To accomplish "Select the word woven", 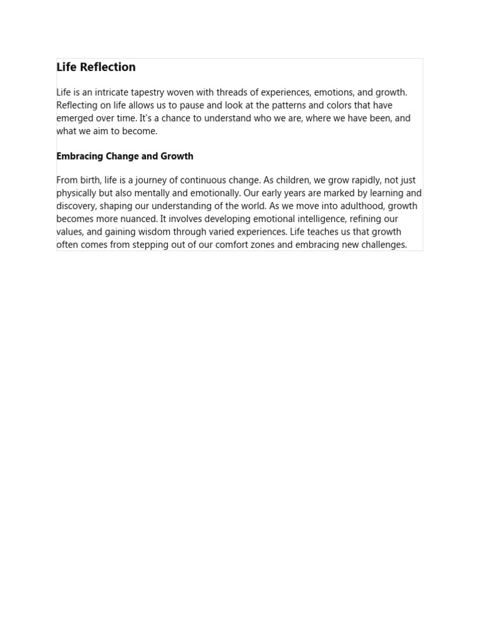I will click(180, 92).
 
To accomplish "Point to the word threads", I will click(233, 92).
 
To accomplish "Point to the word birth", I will click(90, 180).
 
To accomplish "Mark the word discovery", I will click(75, 206).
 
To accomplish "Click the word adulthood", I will click(346, 206).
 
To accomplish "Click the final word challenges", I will click(381, 245).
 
